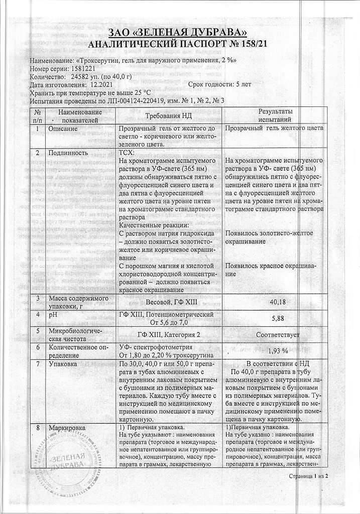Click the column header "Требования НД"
(169, 115)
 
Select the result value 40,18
(278, 301)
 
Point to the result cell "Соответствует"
(278, 334)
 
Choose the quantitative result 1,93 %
(278, 350)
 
